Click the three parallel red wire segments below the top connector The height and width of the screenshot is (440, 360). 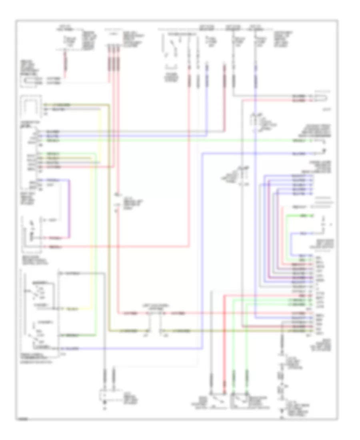(x=113, y=64)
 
